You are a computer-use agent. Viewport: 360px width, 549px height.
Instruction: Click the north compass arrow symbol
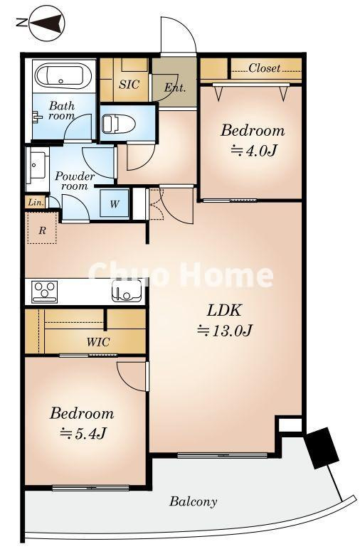pyautogui.click(x=46, y=23)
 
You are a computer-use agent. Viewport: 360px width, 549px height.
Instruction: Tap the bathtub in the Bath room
pyautogui.click(x=63, y=75)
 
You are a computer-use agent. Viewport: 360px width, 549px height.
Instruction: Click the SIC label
pyautogui.click(x=129, y=84)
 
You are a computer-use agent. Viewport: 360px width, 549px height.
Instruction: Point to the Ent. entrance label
pyautogui.click(x=175, y=87)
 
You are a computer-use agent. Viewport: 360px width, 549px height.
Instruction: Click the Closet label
pyautogui.click(x=265, y=68)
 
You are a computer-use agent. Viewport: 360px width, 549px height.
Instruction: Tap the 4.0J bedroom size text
pyautogui.click(x=253, y=151)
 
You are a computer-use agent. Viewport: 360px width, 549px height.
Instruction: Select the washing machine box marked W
pyautogui.click(x=115, y=203)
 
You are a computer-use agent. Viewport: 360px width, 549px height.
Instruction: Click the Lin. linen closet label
pyautogui.click(x=36, y=202)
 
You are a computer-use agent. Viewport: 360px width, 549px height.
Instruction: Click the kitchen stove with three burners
pyautogui.click(x=45, y=292)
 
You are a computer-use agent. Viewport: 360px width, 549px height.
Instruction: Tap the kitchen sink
pyautogui.click(x=127, y=292)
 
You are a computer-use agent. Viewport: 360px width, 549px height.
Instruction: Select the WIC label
pyautogui.click(x=98, y=342)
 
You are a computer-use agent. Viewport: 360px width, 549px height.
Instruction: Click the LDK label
pyautogui.click(x=224, y=310)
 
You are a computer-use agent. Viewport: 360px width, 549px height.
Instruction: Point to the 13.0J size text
pyautogui.click(x=225, y=330)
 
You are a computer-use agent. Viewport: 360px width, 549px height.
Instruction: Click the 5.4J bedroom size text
pyautogui.click(x=83, y=434)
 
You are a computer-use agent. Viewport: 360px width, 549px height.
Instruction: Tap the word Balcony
pyautogui.click(x=194, y=501)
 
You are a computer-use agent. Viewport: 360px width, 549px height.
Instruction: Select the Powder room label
pyautogui.click(x=75, y=181)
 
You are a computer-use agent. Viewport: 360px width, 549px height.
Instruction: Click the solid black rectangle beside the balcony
pyautogui.click(x=322, y=448)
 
